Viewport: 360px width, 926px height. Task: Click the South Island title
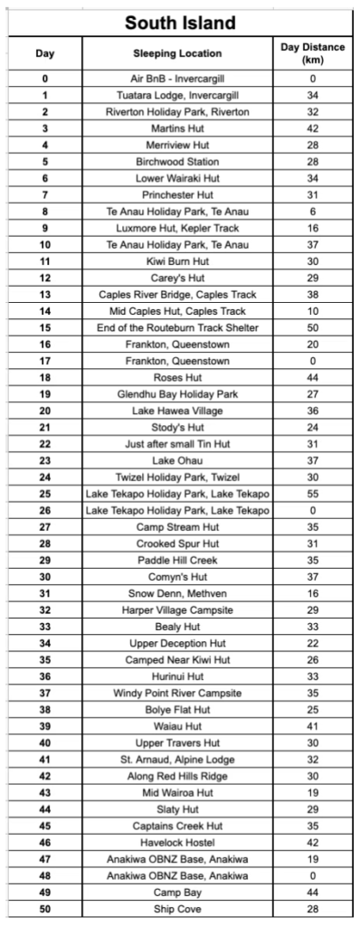coord(179,22)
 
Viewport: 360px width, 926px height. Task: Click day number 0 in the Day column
coord(44,78)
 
